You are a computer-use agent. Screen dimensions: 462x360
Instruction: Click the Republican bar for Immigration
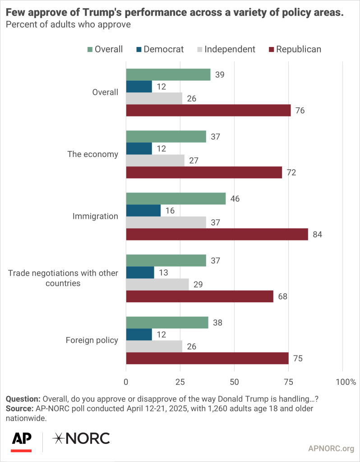pyautogui.click(x=217, y=234)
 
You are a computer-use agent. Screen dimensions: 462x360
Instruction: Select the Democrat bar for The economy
pyautogui.click(x=139, y=148)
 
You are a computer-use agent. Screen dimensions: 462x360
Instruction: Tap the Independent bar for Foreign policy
pyautogui.click(x=154, y=346)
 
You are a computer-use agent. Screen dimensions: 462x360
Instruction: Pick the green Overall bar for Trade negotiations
pyautogui.click(x=166, y=260)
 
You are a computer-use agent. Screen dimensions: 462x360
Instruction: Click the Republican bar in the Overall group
pyautogui.click(x=208, y=111)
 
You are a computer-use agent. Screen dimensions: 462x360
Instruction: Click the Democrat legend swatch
pyautogui.click(x=138, y=49)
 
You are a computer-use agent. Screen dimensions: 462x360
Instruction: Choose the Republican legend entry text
pyautogui.click(x=298, y=49)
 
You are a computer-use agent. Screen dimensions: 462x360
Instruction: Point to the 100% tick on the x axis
pyautogui.click(x=346, y=382)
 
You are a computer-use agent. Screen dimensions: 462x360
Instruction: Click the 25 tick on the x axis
pyautogui.click(x=180, y=382)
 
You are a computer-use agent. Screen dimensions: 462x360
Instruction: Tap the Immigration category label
pyautogui.click(x=95, y=216)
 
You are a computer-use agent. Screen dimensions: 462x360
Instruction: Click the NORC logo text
pyautogui.click(x=81, y=438)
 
